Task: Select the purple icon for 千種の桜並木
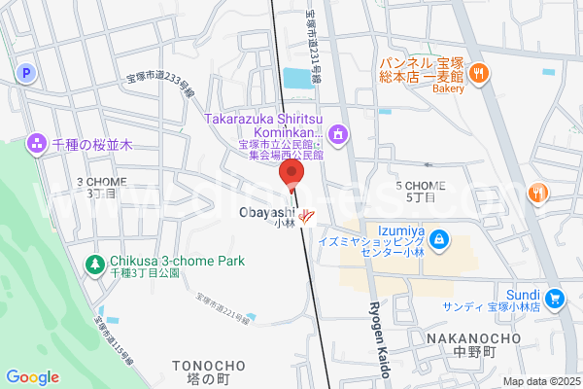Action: [37, 143]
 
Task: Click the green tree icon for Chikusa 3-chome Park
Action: [94, 263]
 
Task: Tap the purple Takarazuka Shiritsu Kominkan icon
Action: [337, 133]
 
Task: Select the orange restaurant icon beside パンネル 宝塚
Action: [478, 73]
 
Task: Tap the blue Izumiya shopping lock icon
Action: [439, 237]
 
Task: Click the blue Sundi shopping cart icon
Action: [554, 298]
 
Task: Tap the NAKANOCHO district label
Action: [473, 338]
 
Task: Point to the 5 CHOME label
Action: [420, 186]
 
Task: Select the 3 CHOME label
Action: [100, 182]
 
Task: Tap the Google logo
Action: [32, 377]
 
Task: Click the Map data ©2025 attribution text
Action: [541, 381]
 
